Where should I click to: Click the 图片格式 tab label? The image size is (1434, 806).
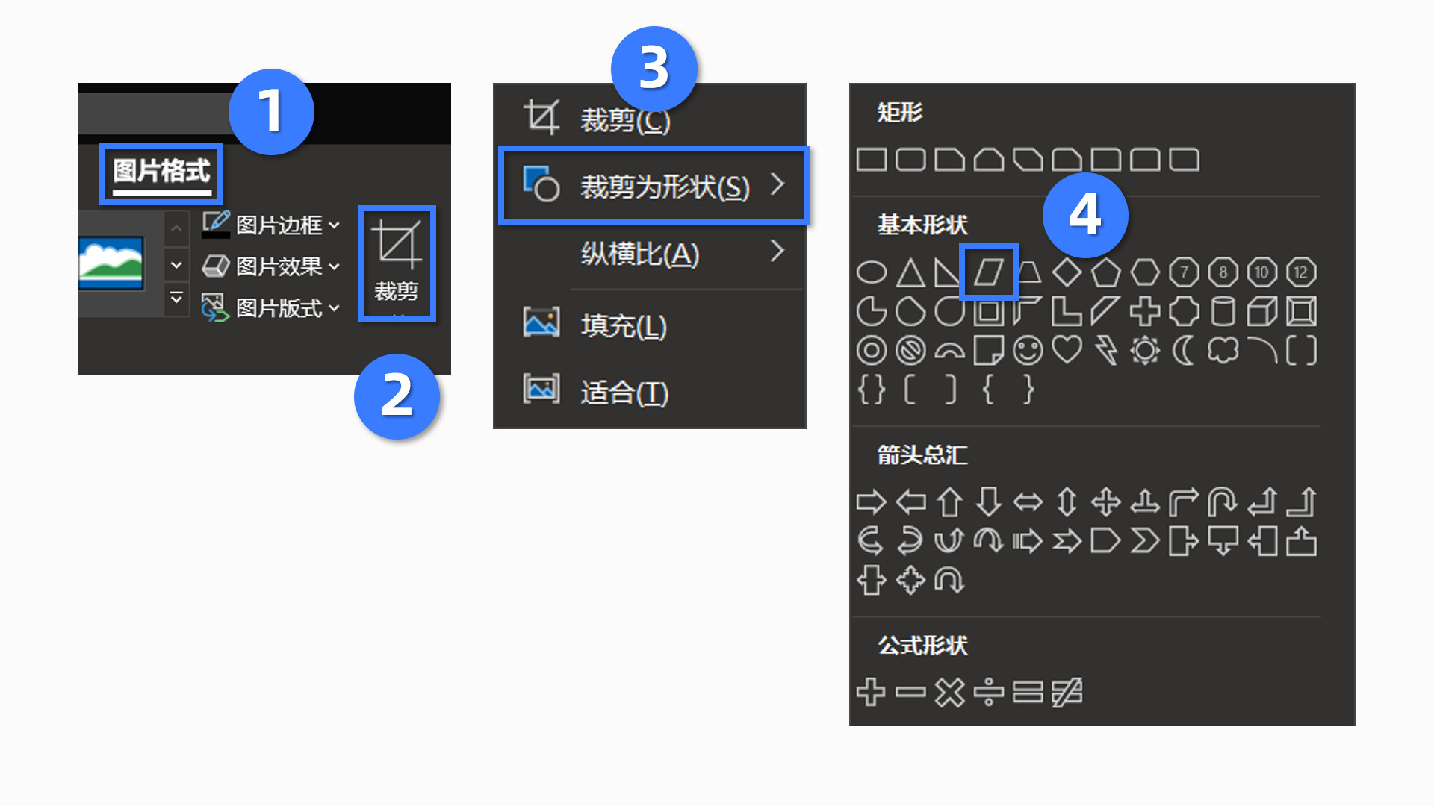pos(161,172)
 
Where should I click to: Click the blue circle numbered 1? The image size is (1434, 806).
pos(271,112)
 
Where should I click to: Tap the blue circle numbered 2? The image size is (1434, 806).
pos(397,396)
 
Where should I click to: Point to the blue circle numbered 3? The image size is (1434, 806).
pos(654,69)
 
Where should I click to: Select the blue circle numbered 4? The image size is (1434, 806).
pos(1084,215)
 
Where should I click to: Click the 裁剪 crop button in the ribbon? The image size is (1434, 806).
pos(396,263)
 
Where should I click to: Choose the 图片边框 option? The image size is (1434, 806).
pos(278,225)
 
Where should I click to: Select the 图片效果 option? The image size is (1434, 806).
pos(278,266)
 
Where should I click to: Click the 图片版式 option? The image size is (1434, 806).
pos(278,308)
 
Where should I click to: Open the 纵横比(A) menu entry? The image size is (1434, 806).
pos(640,254)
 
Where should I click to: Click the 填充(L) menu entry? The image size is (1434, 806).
pos(623,325)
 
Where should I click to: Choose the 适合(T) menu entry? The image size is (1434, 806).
pos(624,392)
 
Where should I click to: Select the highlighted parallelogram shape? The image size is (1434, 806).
pos(988,272)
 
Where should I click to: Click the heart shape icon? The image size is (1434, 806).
pos(1067,349)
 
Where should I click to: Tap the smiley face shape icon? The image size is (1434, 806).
pos(1028,350)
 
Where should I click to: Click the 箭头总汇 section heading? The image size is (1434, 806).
pos(922,454)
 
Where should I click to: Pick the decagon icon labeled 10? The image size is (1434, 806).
pos(1261,272)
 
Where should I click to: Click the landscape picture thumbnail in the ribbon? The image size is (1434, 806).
pos(111,263)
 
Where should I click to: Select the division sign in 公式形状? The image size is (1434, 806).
pos(988,692)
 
